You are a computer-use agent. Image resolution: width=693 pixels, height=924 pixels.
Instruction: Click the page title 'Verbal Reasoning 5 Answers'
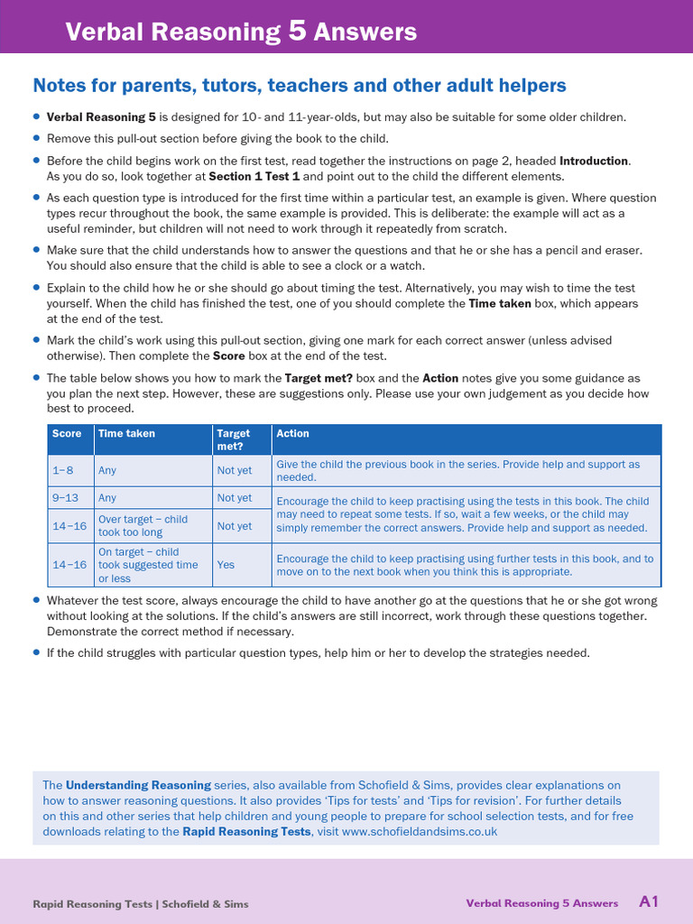(241, 32)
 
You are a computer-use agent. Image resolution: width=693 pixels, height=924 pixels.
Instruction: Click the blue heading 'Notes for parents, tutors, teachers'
(299, 86)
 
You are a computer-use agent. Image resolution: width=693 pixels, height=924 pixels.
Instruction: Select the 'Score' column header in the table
(67, 434)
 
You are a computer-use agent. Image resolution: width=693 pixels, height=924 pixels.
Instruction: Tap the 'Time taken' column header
(126, 434)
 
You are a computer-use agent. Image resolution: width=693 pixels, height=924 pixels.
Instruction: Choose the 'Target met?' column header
(234, 439)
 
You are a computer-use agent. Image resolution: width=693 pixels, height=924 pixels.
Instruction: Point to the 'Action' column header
(292, 434)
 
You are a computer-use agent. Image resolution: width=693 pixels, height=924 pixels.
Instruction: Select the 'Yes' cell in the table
(226, 565)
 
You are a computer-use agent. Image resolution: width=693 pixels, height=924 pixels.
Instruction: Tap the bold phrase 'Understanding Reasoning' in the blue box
(138, 785)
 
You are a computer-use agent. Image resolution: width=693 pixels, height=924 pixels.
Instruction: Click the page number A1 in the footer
(648, 901)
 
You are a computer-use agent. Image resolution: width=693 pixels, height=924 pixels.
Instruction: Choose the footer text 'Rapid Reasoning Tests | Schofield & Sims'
(141, 903)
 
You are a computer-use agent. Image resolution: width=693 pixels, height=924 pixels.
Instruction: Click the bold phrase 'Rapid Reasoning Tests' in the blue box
(246, 831)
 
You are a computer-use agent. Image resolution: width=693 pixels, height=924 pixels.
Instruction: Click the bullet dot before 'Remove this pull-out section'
(36, 138)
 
